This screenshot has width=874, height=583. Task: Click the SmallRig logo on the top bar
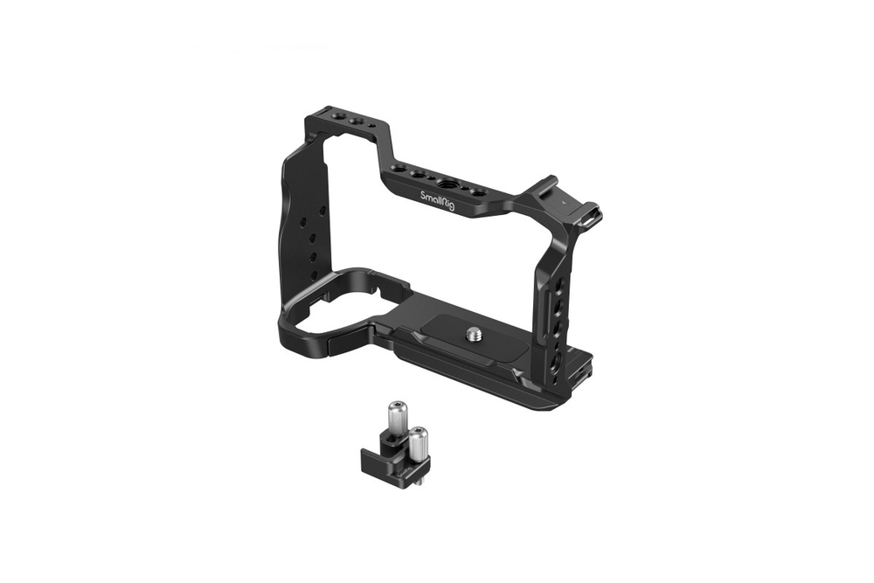[436, 200]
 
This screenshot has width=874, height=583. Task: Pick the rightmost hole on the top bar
[479, 192]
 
